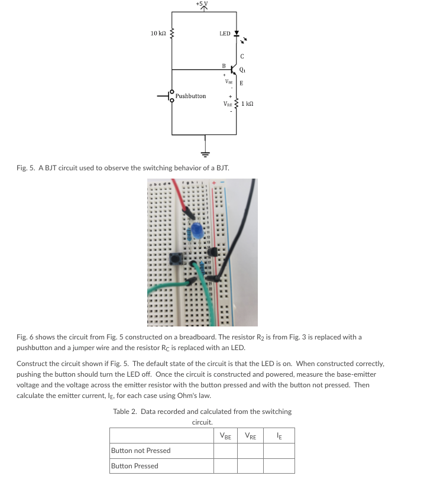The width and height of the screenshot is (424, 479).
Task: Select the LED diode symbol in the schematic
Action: [x=237, y=34]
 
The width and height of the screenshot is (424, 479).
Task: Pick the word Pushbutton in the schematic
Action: [x=190, y=96]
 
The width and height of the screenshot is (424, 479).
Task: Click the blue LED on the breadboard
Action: [x=197, y=230]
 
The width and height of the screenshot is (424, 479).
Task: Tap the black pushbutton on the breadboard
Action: [x=176, y=258]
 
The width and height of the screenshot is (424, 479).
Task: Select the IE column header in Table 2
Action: [x=279, y=436]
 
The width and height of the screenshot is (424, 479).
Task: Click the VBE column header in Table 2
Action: [x=225, y=436]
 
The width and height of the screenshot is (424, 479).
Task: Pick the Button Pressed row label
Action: [x=134, y=466]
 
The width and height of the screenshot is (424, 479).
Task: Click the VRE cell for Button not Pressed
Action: [x=250, y=451]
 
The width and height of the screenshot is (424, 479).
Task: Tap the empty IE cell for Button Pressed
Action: [x=279, y=466]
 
